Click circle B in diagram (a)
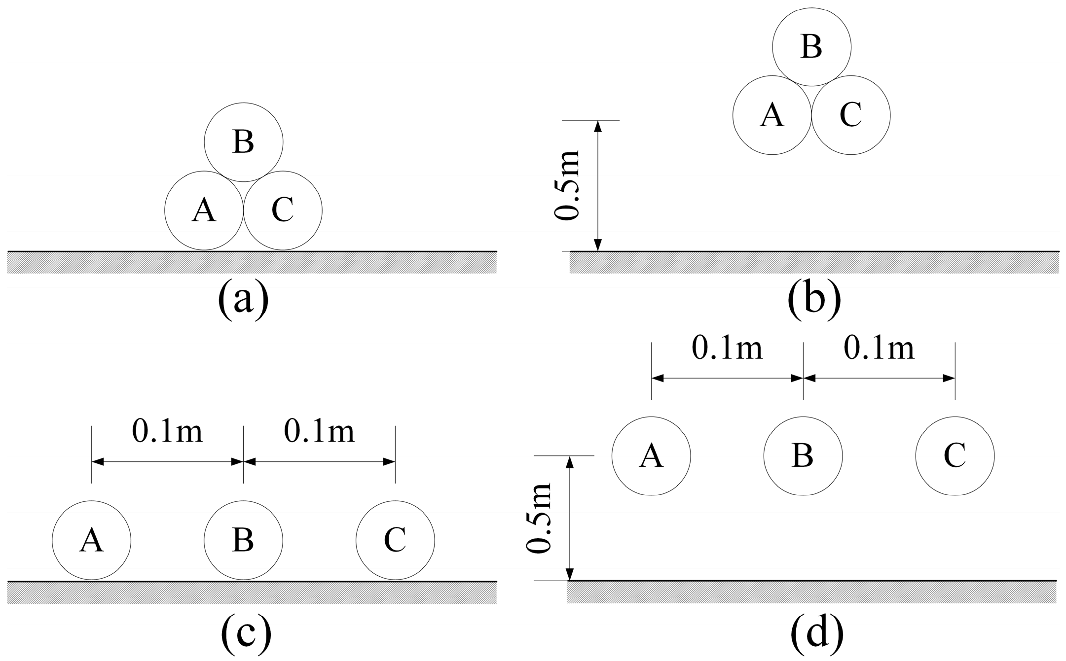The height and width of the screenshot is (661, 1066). [x=244, y=142]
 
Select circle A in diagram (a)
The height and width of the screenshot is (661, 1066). [x=204, y=210]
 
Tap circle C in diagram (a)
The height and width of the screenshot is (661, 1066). [x=283, y=210]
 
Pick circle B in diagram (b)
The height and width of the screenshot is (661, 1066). [x=811, y=47]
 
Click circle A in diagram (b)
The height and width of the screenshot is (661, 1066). [x=772, y=115]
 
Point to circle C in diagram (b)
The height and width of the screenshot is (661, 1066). [x=851, y=115]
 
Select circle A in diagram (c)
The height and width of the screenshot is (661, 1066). [x=92, y=540]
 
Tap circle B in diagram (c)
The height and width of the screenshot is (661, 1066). [x=244, y=540]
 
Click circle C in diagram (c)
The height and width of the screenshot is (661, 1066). [x=395, y=540]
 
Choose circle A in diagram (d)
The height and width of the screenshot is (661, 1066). [x=651, y=456]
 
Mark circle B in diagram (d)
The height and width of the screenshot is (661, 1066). [x=803, y=456]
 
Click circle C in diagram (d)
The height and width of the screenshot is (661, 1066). [x=955, y=456]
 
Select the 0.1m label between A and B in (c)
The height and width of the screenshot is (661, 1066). [x=167, y=432]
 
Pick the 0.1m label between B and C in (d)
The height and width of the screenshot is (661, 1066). [x=879, y=348]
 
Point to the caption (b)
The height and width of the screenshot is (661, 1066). [x=814, y=300]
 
